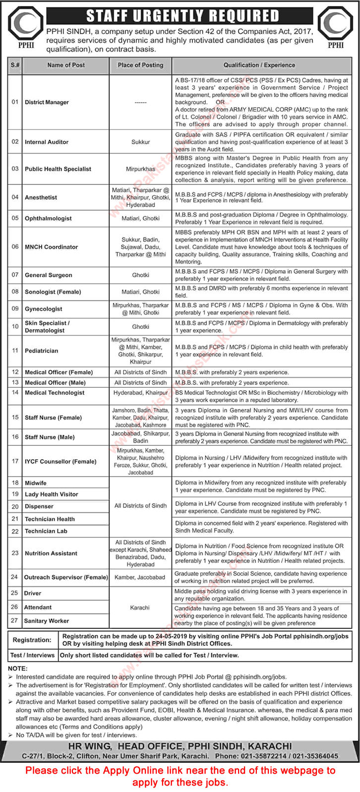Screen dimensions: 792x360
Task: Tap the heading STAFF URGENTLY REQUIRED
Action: point(182,16)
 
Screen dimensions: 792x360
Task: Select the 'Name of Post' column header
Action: point(66,65)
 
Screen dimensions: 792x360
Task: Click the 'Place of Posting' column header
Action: point(140,65)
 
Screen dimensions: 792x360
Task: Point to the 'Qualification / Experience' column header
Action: point(259,65)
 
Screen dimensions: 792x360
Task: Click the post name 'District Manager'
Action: point(47,102)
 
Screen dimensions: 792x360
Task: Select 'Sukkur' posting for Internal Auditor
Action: point(140,142)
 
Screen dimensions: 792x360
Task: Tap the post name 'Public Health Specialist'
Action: point(58,169)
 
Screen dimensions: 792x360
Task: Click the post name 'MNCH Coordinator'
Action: point(52,247)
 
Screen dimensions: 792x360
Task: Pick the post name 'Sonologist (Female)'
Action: point(53,292)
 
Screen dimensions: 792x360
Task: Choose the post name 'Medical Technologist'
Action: point(55,393)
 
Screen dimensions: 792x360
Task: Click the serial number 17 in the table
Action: point(15,461)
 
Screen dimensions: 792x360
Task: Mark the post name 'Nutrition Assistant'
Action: point(51,553)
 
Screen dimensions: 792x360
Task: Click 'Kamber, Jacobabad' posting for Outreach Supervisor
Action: point(140,577)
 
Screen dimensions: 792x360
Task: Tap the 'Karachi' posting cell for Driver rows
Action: point(140,608)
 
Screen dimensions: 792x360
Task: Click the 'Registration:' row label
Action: point(32,640)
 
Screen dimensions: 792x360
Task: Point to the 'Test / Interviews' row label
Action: point(32,655)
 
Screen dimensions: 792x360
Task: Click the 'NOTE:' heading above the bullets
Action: point(18,669)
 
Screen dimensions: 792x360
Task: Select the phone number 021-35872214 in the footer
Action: point(276,756)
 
